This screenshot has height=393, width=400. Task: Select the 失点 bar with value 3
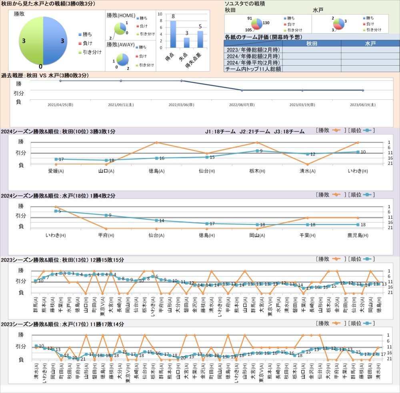click(186, 42)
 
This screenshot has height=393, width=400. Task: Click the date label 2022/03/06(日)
click(182, 105)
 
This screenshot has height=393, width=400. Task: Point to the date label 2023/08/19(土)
click(363, 105)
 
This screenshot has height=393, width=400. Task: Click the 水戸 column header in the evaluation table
click(370, 44)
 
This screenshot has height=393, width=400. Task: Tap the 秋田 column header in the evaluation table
click(312, 44)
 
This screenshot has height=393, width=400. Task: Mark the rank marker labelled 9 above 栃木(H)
click(258, 151)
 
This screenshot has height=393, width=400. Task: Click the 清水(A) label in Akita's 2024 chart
click(308, 171)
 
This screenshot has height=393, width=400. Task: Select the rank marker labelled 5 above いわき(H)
click(56, 211)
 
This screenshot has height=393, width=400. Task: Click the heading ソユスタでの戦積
click(245, 3)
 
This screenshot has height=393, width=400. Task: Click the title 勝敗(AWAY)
click(121, 44)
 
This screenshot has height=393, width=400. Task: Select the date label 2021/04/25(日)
click(60, 105)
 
